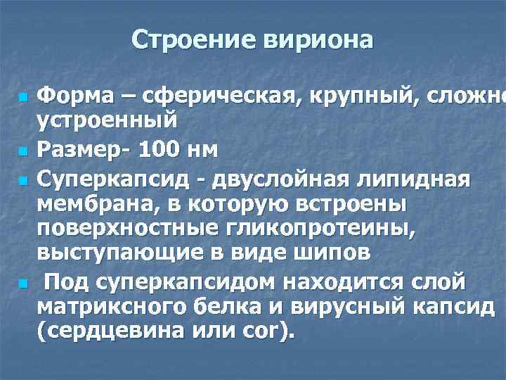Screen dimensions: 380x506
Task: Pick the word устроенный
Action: (106, 119)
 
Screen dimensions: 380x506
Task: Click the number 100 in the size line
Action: (167, 151)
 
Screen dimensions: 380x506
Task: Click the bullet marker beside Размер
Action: (23, 151)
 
